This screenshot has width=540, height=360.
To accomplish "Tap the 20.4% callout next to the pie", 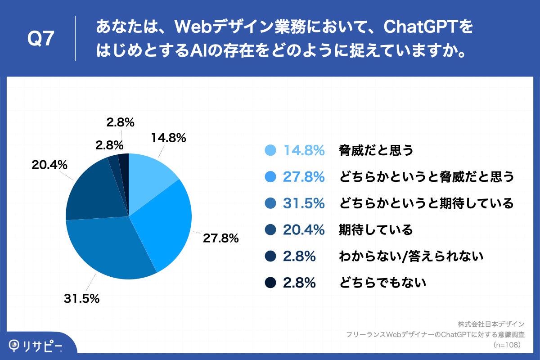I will (49, 165).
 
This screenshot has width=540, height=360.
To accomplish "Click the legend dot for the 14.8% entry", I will (270, 151).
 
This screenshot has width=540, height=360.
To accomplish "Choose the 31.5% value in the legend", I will (304, 203).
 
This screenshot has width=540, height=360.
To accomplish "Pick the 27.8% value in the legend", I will (304, 177).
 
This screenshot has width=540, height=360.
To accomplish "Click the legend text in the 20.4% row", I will (375, 230).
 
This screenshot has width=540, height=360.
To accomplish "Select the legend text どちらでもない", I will (382, 283).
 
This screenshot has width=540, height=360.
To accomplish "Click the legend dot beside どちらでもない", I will (270, 283).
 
